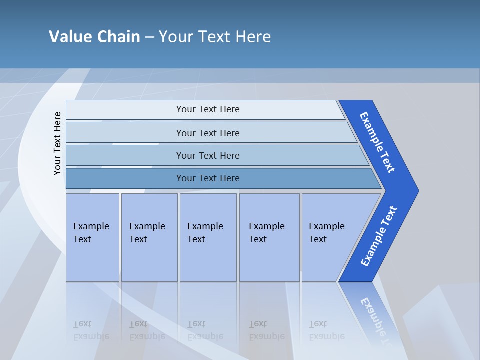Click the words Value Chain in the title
click(94, 36)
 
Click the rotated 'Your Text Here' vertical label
click(57, 143)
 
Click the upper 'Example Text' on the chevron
click(377, 142)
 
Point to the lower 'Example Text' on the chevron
click(378, 236)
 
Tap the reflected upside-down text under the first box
click(91, 330)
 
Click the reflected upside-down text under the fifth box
click(326, 330)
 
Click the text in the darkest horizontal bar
click(208, 178)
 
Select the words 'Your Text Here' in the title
click(215, 36)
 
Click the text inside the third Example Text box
click(205, 233)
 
